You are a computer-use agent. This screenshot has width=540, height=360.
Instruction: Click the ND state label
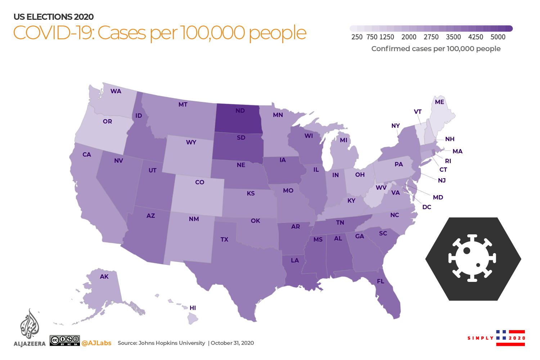(x=240, y=111)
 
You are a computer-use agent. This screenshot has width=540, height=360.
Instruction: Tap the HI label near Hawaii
(x=193, y=308)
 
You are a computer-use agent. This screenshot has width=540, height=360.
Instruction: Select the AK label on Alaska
(x=104, y=276)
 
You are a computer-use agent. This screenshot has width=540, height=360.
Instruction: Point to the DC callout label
(x=427, y=207)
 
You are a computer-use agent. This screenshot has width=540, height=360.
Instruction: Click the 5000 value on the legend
(x=498, y=37)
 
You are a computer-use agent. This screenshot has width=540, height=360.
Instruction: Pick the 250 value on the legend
(x=357, y=37)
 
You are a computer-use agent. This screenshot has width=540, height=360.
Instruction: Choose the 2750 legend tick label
(x=431, y=37)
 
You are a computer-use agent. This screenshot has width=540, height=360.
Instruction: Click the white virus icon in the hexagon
(x=472, y=258)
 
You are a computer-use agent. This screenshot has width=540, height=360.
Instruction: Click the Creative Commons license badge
(x=65, y=341)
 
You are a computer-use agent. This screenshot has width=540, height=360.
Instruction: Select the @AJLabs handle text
(x=96, y=343)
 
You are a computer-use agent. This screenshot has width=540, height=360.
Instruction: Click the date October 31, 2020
(x=232, y=343)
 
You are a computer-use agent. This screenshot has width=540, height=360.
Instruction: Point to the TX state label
(x=224, y=239)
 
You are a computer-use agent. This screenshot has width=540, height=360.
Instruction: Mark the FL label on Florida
(x=381, y=281)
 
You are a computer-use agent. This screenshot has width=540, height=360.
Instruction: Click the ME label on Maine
(x=439, y=102)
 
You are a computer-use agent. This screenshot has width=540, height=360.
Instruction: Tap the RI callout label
(x=448, y=161)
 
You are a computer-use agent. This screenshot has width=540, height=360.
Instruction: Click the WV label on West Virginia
(x=381, y=188)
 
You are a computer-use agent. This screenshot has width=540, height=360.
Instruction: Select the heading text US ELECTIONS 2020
(x=54, y=17)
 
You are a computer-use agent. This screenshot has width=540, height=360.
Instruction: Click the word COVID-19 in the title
(x=54, y=33)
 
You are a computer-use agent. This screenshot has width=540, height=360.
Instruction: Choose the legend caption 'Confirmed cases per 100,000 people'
(x=436, y=49)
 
